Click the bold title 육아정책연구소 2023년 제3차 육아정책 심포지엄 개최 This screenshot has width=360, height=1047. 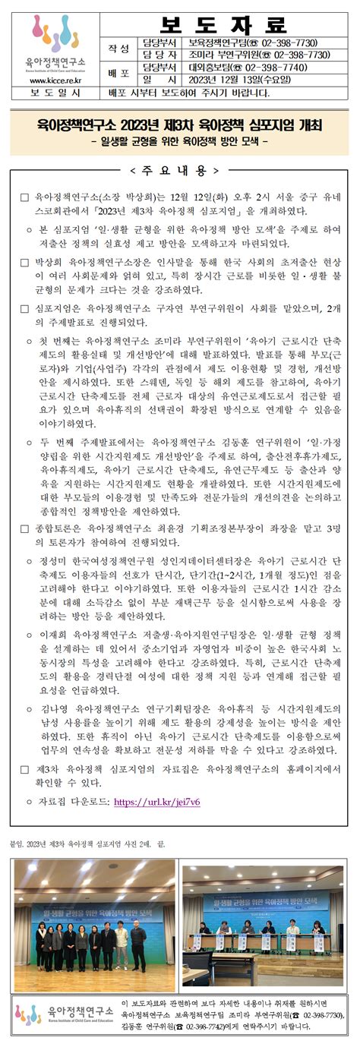179,124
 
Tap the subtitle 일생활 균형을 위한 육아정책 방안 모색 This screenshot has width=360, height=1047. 179,141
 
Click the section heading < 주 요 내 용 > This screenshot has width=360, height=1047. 179,169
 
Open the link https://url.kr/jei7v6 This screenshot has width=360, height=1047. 157,801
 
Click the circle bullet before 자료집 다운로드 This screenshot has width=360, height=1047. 29,801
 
